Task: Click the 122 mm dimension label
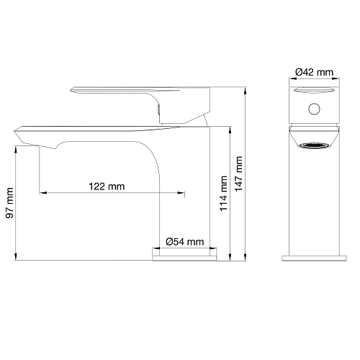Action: (107, 186)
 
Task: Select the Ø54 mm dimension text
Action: (184, 241)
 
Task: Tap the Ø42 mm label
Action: (314, 71)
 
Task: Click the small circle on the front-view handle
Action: (313, 109)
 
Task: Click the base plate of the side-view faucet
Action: (184, 255)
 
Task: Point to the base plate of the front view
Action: (314, 255)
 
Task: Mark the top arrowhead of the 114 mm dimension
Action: (230, 127)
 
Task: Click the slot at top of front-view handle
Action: (314, 89)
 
